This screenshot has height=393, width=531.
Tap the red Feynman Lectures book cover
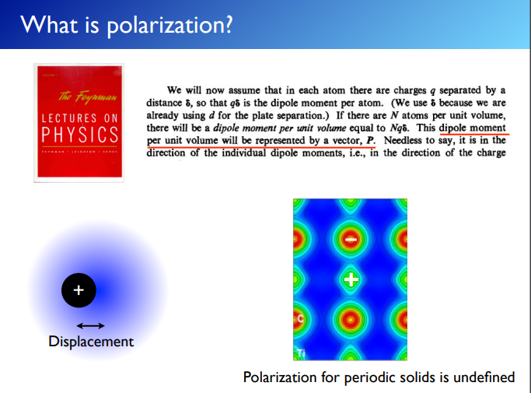[x=79, y=122]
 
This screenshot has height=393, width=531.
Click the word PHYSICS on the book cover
[x=79, y=133]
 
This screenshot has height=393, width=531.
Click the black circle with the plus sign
[x=78, y=290]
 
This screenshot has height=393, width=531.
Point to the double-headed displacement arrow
[x=91, y=325]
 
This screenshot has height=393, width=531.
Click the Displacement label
[x=91, y=342]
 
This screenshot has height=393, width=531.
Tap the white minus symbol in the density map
[x=351, y=240]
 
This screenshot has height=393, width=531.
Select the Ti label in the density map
[x=299, y=354]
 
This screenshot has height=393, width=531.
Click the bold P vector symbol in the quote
[x=369, y=140]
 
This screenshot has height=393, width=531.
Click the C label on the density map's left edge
[x=299, y=319]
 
